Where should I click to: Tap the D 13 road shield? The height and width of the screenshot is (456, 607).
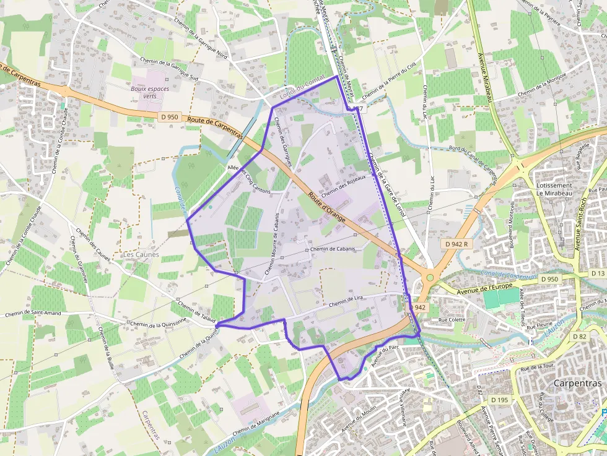[597, 273]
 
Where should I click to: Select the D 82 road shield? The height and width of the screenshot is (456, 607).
[580, 336]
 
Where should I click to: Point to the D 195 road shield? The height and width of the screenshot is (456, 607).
[499, 400]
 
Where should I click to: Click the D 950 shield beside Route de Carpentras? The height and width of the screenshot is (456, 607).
[170, 116]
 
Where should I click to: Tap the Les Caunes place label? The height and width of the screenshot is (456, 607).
[141, 254]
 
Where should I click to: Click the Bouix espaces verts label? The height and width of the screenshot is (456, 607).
[150, 92]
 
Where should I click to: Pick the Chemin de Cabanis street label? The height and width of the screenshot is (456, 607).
[333, 249]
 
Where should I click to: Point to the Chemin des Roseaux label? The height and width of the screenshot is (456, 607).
[344, 185]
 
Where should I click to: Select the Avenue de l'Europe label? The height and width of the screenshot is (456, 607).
[483, 287]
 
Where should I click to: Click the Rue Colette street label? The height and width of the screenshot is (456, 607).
[452, 320]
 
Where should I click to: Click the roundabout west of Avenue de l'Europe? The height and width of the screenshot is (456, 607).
[429, 277]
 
